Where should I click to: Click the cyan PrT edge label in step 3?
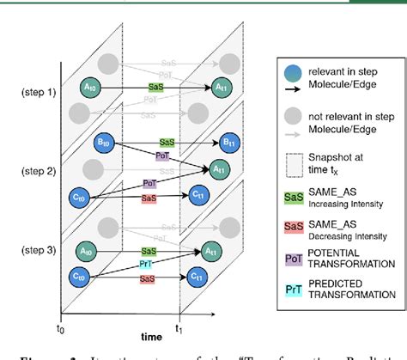(146, 265)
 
